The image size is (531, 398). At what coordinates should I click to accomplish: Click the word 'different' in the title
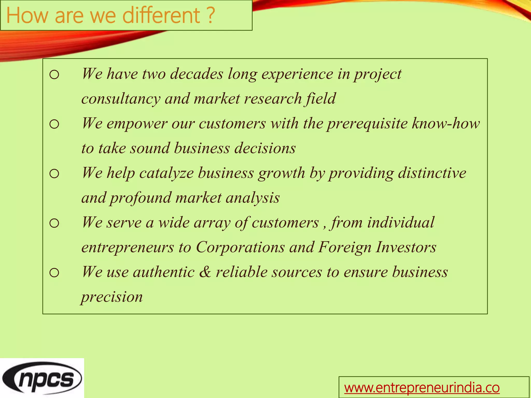pos(161,16)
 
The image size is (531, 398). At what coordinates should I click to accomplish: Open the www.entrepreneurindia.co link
pos(422,388)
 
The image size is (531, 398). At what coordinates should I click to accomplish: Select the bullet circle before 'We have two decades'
pos(54,75)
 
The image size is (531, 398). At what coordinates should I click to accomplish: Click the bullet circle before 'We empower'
pos(54,124)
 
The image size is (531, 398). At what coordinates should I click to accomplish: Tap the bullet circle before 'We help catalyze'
pos(54,174)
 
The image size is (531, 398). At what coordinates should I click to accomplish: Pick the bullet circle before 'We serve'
pos(54,223)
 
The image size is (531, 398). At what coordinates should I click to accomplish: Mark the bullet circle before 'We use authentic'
pos(54,273)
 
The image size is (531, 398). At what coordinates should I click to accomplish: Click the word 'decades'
pos(197,74)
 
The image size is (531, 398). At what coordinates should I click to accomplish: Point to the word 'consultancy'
pos(121,99)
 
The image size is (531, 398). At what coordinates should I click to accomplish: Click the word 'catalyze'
pos(166,173)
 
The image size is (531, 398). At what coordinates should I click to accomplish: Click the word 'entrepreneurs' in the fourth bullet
pos(128,247)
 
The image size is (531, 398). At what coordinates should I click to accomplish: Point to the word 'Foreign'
pos(345,247)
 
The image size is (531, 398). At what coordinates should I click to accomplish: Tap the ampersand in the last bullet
pos(205,272)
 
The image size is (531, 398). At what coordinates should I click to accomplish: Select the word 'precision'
pos(112,297)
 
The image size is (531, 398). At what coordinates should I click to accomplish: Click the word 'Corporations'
pos(240,247)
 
